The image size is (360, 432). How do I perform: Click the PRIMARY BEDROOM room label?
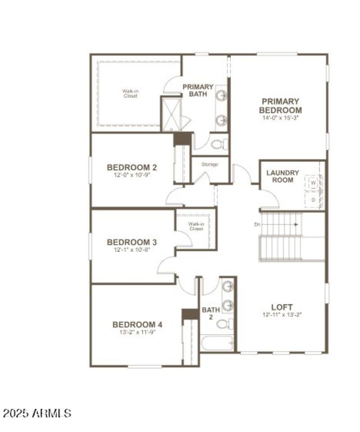click(x=280, y=106)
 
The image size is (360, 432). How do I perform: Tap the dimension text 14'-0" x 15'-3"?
click(x=280, y=118)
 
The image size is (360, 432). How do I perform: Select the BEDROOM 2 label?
click(x=132, y=168)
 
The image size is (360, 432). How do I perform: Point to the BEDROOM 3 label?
click(x=132, y=242)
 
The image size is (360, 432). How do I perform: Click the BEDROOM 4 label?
click(x=137, y=324)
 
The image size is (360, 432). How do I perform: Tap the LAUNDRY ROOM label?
click(x=283, y=176)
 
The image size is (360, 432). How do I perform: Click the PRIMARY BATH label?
click(x=198, y=90)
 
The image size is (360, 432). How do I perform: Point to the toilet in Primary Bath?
click(x=219, y=145)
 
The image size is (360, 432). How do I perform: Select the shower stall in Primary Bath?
click(x=171, y=114)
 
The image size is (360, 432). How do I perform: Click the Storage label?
click(x=210, y=164)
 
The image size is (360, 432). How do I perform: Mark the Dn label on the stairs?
click(x=257, y=224)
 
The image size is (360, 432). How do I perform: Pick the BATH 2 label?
click(x=211, y=313)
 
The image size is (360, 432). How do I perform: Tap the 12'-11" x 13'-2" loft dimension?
click(x=281, y=315)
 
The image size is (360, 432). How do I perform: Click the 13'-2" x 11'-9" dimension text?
click(x=137, y=332)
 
